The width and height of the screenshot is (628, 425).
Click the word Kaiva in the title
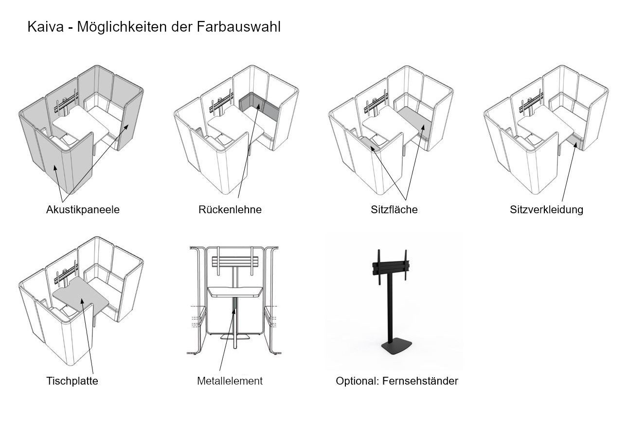point(45,27)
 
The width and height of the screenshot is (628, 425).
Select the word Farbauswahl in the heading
point(238,27)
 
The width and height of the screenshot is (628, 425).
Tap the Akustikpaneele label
point(83,209)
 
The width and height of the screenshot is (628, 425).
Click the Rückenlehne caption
point(230,209)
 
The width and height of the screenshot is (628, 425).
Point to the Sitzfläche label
point(394,209)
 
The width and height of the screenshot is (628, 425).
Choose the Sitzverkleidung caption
point(546,209)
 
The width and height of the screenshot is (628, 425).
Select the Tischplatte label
point(72,381)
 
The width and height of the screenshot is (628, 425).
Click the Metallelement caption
point(230,381)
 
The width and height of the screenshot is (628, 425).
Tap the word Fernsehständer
point(420,381)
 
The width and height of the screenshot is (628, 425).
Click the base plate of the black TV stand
point(396,347)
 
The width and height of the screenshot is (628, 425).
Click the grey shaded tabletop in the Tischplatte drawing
point(80,296)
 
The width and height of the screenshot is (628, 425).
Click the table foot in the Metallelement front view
point(234,337)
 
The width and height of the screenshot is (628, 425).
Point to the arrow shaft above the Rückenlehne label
point(249,151)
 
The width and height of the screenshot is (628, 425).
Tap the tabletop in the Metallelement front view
point(235,292)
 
